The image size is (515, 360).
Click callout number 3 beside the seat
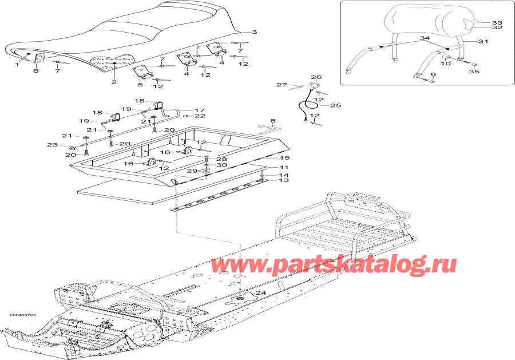254,33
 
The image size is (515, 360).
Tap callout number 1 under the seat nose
17,65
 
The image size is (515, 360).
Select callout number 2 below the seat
114,82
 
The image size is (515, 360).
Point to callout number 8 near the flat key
272,121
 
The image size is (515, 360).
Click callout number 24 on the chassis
261,293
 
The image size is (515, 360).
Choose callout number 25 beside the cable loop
335,105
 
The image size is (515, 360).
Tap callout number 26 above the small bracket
316,77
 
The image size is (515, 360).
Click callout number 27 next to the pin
281,85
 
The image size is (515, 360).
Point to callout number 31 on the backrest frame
483,41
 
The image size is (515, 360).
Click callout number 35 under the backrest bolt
473,72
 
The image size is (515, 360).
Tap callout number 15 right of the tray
284,157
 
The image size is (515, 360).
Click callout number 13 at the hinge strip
284,180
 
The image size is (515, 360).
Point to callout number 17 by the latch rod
200,110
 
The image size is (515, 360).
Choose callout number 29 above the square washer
193,171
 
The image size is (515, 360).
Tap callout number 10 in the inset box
447,64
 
